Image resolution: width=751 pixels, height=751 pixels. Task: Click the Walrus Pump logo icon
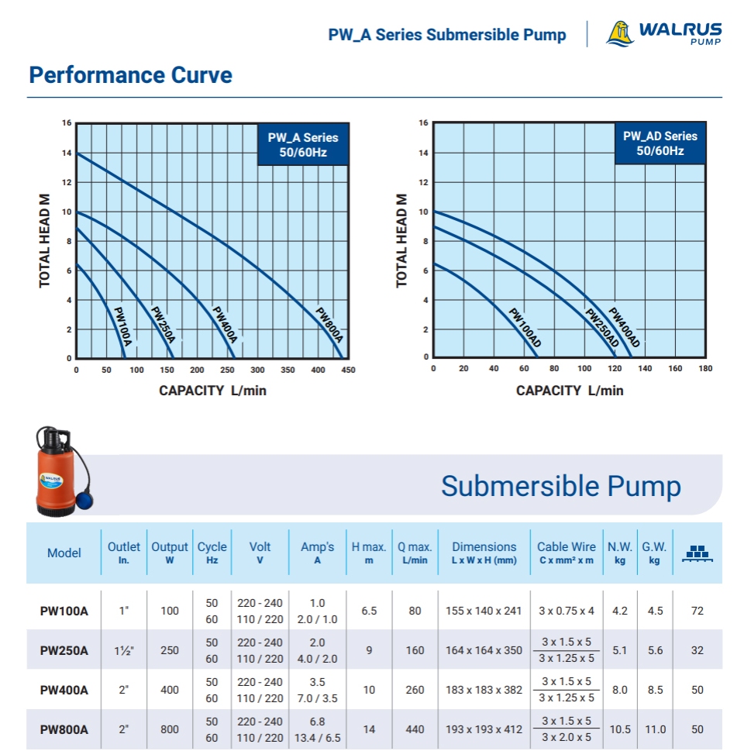point(619,33)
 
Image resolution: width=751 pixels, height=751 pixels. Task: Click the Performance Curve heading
point(130,75)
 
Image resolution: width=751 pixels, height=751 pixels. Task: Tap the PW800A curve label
point(329,326)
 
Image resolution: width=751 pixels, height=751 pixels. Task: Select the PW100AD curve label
point(525,327)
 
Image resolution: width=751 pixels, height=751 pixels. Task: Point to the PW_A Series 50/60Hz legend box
point(303,145)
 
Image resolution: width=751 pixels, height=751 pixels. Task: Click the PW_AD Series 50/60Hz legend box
point(660,143)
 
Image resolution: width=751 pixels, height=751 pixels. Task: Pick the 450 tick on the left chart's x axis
point(348,370)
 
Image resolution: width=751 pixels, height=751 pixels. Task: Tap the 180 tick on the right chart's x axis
point(704,369)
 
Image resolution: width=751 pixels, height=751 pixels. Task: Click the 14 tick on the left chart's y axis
point(67,153)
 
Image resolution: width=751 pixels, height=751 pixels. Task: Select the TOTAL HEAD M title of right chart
point(401,240)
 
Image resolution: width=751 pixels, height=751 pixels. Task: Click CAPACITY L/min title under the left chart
point(212,391)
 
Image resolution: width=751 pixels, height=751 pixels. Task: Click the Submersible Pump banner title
point(560,487)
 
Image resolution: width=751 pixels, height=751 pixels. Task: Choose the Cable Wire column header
point(567,553)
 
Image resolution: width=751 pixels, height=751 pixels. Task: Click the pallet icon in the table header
point(696,553)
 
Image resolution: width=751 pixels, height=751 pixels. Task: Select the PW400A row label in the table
point(64,690)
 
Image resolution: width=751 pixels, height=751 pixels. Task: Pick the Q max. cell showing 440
point(415,729)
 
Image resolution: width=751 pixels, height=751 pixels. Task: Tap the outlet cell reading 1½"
point(123,650)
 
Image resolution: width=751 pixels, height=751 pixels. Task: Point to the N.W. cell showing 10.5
point(619,729)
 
